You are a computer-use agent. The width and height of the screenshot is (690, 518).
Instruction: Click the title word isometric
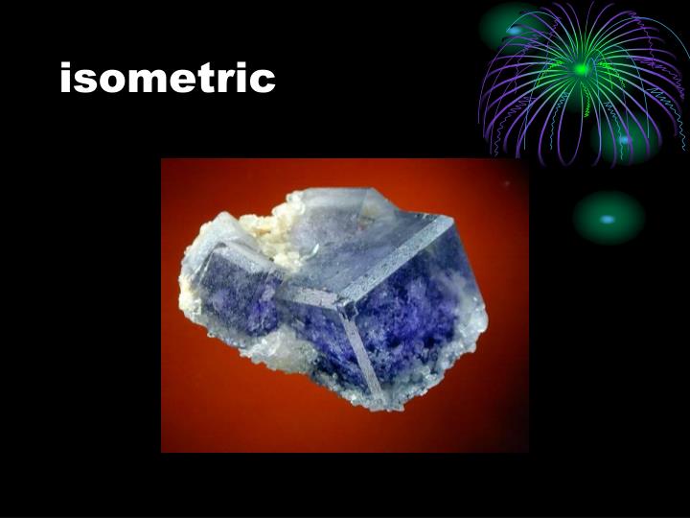point(167,78)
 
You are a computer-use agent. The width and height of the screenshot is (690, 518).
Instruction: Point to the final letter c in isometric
point(264,80)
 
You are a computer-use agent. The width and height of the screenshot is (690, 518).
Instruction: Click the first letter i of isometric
point(65,77)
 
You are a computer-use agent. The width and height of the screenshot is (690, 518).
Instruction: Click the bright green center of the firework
point(581,69)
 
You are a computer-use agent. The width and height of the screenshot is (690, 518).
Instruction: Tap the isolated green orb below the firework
point(608,218)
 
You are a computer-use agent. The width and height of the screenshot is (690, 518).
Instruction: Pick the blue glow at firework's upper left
point(515,31)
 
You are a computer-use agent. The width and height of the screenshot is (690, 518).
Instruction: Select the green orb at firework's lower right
point(625,139)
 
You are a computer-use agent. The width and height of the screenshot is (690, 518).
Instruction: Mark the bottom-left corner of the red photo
point(162,451)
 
